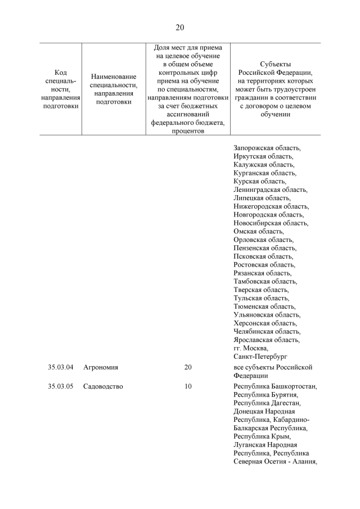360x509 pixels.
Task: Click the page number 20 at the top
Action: pos(180,27)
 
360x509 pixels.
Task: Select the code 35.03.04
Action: pos(61,367)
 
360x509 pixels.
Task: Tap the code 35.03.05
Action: pos(61,386)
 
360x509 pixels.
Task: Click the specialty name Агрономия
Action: pos(101,367)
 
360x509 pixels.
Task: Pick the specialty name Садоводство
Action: pos(103,386)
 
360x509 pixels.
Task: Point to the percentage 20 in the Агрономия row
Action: pos(188,367)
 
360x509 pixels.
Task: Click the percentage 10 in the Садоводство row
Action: pos(188,386)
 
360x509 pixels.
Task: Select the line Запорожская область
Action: pos(267,148)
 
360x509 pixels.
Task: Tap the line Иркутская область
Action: pos(263,156)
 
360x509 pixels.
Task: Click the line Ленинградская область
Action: pos(270,190)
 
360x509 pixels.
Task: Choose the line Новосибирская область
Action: pos(271,223)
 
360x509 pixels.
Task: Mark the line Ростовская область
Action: pos(264,264)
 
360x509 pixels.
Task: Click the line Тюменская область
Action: pos(264,306)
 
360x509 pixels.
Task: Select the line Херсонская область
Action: pos(265,323)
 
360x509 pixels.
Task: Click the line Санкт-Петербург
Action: pos(260,357)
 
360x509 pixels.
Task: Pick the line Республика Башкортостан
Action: pos(275,386)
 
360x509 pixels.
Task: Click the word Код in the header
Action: pos(61,73)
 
